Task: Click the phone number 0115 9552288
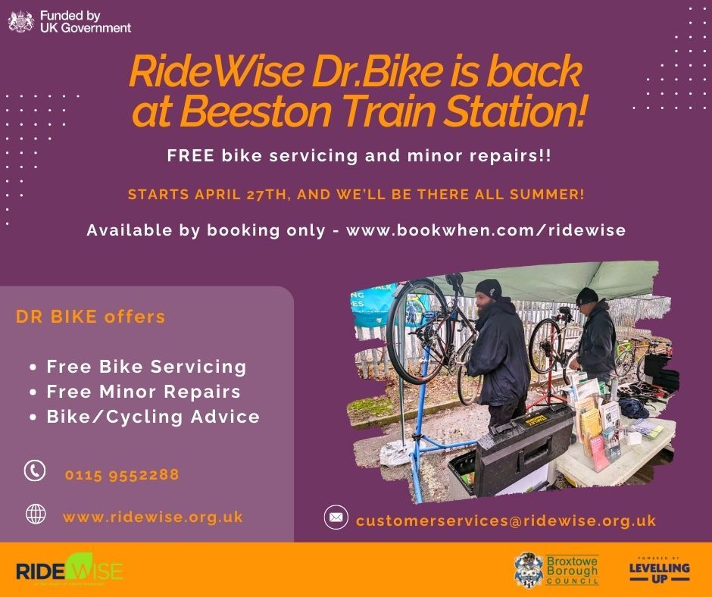[122, 475]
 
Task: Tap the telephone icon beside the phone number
[35, 470]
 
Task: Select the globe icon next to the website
[35, 514]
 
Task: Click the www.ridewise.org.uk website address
[152, 517]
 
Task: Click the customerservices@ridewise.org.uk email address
[505, 520]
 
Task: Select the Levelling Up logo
[659, 568]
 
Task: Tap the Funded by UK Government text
[85, 21]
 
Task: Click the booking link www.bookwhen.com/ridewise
[486, 230]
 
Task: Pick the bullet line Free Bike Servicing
[146, 367]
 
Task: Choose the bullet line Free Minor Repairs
[143, 392]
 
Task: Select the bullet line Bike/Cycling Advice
[152, 417]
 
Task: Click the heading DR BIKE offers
[90, 317]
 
